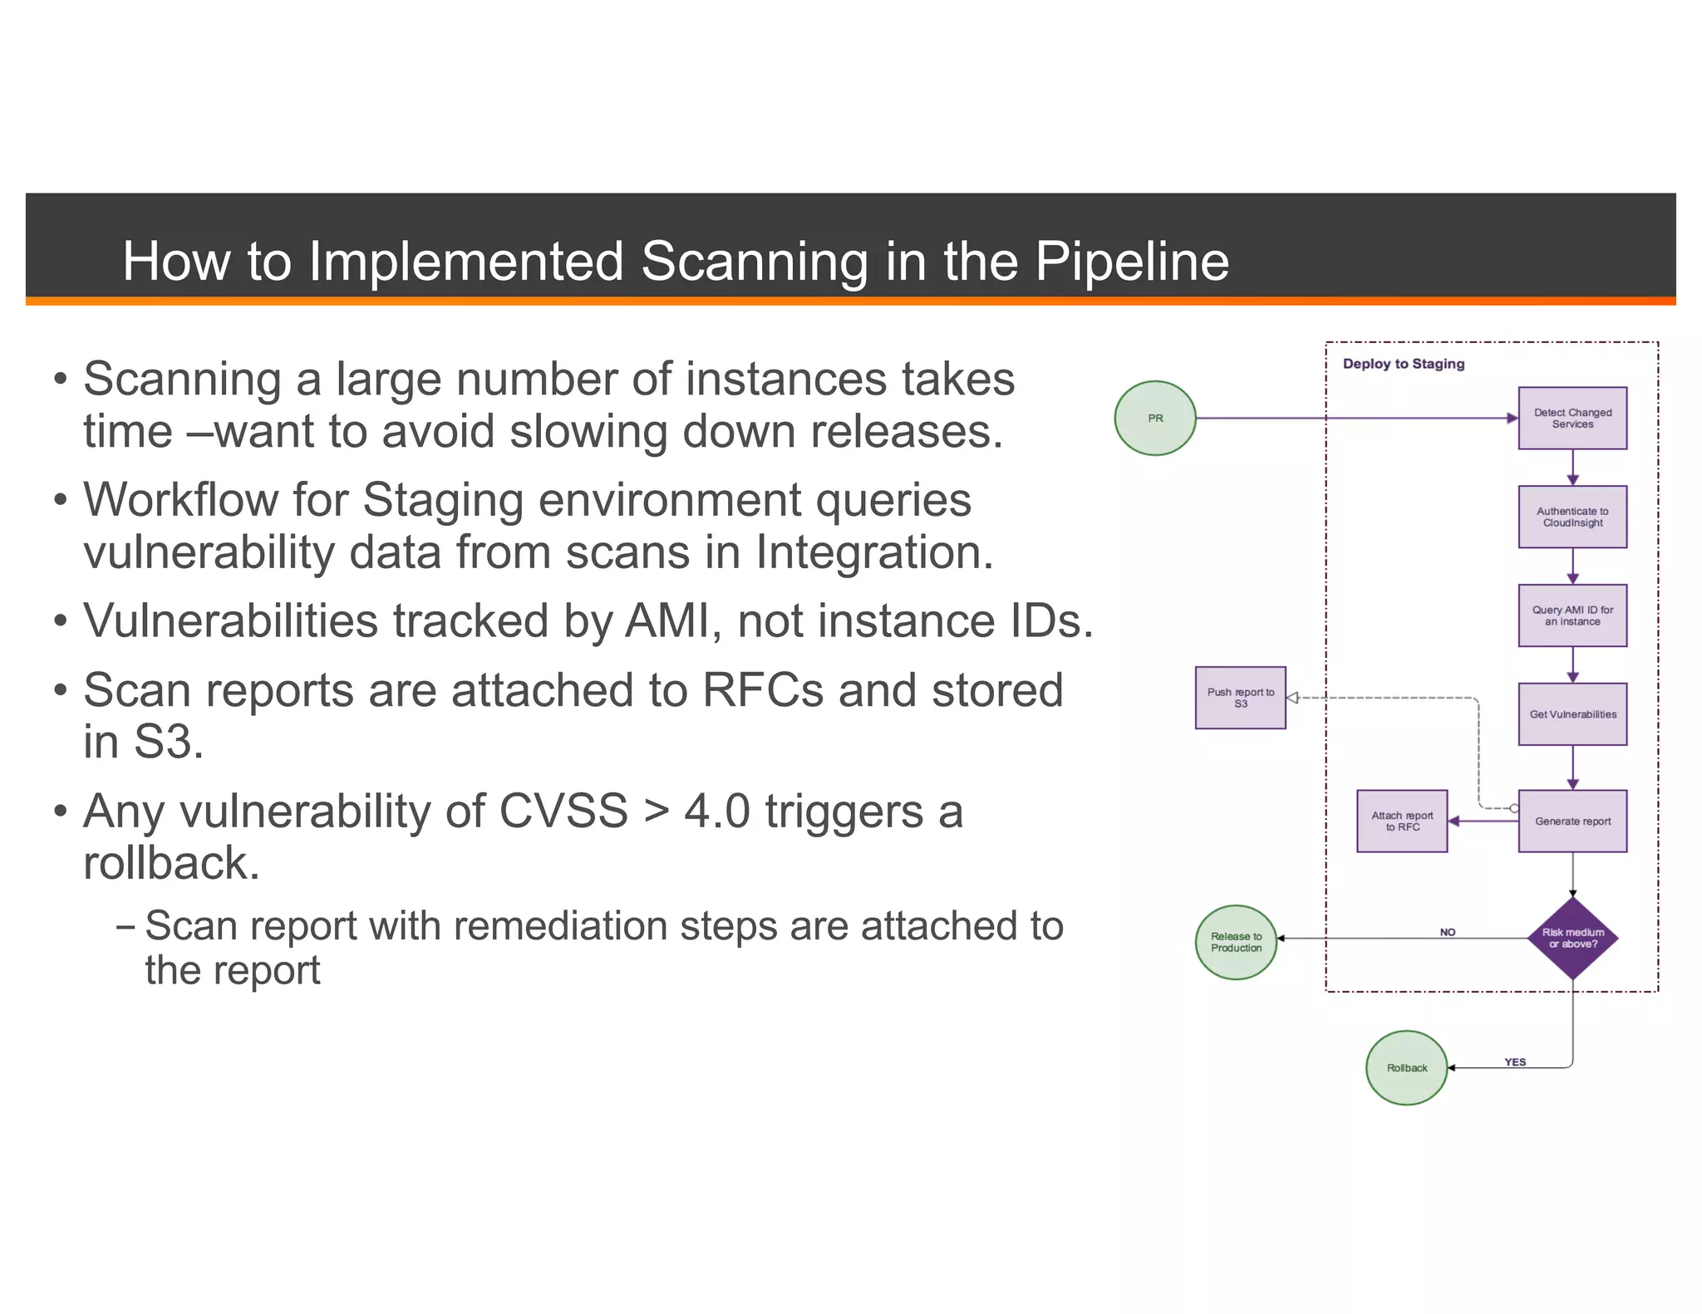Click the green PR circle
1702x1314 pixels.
click(1154, 418)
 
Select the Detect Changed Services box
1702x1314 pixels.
click(1572, 418)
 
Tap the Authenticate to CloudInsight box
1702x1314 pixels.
click(1572, 517)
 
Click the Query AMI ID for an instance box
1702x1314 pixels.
click(1572, 615)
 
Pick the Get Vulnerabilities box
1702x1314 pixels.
click(1572, 714)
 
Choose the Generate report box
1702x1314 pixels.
click(1572, 821)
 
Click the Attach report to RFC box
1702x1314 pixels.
click(1401, 821)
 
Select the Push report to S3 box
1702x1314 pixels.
click(1239, 698)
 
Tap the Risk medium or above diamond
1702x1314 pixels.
click(1572, 938)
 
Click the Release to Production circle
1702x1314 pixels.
click(1235, 942)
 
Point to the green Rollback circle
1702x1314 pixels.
click(1406, 1067)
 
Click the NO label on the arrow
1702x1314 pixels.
click(1447, 932)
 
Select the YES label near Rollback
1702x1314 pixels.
click(1514, 1061)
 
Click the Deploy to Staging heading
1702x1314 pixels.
click(1403, 364)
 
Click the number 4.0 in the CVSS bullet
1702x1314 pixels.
click(716, 811)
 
